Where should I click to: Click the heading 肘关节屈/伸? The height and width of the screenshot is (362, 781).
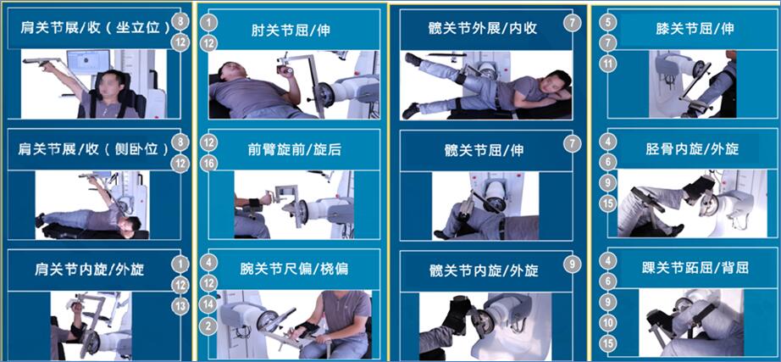coord(291,31)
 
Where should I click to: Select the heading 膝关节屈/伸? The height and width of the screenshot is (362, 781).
coord(695,29)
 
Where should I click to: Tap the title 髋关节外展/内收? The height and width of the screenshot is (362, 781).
coord(482,28)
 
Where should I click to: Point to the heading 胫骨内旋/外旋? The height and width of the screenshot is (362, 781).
coord(692,148)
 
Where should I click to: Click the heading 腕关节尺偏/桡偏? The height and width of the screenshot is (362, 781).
coord(293,269)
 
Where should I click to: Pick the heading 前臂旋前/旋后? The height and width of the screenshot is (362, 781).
coord(295,149)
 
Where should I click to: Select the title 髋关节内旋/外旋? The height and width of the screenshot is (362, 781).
coord(484,270)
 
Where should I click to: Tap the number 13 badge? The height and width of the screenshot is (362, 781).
coord(180,305)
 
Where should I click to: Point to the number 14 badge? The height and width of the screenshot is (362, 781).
coord(210,304)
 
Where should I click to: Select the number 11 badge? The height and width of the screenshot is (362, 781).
coord(608,64)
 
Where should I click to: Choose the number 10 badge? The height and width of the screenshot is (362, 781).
coord(608,323)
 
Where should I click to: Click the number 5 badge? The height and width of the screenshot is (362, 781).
coord(608,22)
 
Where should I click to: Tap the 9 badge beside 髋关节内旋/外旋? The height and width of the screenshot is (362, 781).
coord(573,264)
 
